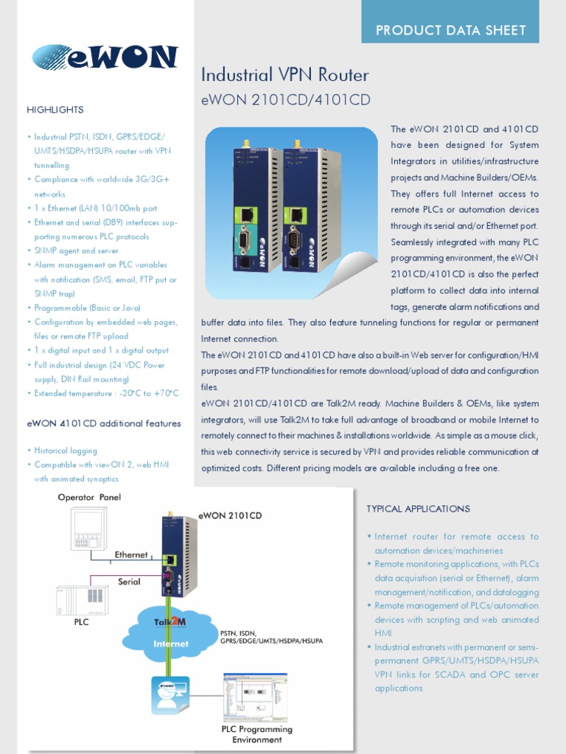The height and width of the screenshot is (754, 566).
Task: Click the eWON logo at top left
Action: [105, 57]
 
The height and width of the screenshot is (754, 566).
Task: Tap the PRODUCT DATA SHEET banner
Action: [450, 30]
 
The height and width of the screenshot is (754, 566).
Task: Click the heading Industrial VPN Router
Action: [284, 75]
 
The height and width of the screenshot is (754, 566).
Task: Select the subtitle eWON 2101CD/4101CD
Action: [285, 99]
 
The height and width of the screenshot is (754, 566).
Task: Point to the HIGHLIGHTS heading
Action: [55, 110]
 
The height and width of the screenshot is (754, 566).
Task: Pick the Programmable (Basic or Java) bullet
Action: [87, 308]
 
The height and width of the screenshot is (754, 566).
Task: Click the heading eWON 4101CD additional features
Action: [104, 423]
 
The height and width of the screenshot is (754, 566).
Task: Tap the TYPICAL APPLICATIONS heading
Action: [418, 509]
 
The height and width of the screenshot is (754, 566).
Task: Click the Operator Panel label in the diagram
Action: [89, 497]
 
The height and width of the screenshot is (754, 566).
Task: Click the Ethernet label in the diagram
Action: [131, 554]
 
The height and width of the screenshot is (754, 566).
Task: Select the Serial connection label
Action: [129, 582]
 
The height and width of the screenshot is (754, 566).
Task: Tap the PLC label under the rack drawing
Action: [81, 621]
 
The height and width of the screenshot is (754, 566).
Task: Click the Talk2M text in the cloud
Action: [170, 622]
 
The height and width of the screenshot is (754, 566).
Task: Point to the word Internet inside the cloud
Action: [170, 643]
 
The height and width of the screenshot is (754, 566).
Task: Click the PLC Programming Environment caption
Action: [256, 734]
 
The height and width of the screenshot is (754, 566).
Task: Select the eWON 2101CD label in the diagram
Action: [230, 515]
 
